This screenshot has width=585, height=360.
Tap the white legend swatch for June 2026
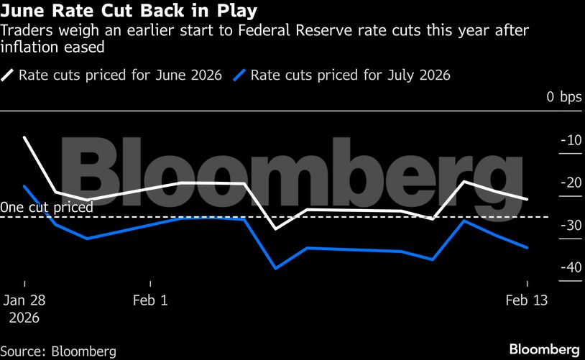click(x=8, y=75)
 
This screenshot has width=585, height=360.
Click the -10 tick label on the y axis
click(x=571, y=140)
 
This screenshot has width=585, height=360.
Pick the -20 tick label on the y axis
click(x=571, y=183)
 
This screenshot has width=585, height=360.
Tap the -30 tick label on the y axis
click(x=571, y=225)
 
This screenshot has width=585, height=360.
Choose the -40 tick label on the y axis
click(x=571, y=267)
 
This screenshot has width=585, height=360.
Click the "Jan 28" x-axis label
click(x=24, y=300)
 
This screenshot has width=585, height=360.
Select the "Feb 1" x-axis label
click(x=150, y=300)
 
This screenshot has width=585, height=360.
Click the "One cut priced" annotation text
click(x=47, y=208)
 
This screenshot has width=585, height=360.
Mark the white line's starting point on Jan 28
click(x=25, y=137)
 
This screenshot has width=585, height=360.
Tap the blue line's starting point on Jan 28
click(x=25, y=186)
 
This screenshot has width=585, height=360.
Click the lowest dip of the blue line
click(x=275, y=268)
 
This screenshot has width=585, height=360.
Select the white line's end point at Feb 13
click(x=528, y=199)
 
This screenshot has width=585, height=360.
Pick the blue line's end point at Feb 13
click(x=528, y=247)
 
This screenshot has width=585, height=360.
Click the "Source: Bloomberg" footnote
click(x=59, y=351)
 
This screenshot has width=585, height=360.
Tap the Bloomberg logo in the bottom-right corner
click(x=544, y=349)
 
